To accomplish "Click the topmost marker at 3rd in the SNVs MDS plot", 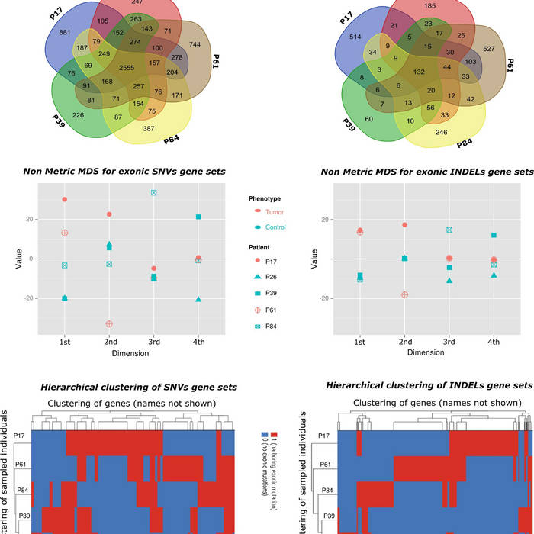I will [154, 193].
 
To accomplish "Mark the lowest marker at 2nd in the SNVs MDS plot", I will [109, 324].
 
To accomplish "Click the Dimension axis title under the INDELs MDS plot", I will [426, 352].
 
